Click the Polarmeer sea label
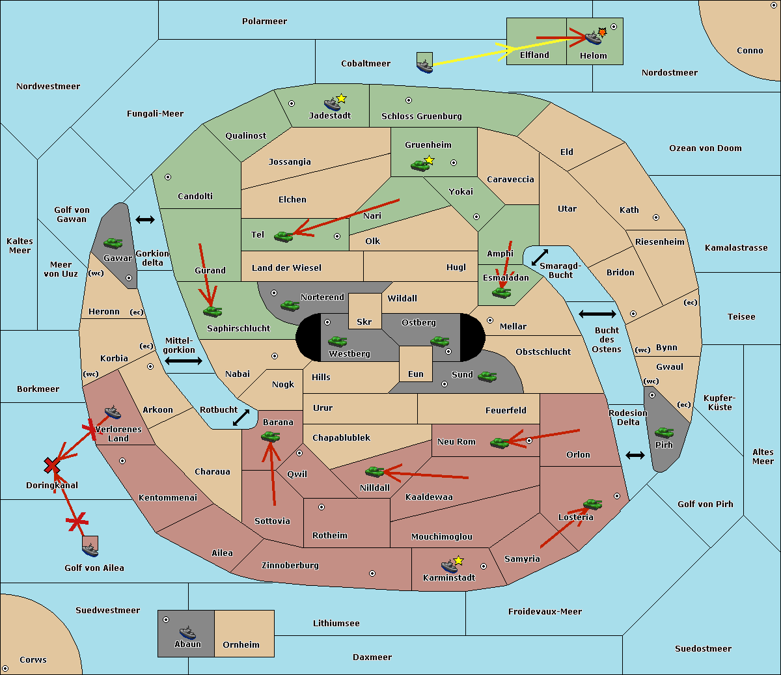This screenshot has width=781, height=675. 264,21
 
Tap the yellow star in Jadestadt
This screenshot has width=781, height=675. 341,98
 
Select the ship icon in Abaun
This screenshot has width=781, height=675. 187,632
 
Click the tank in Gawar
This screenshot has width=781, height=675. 113,243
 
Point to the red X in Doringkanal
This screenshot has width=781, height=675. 52,465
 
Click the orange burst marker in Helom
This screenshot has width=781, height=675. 603,32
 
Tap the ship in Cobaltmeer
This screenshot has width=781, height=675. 424,64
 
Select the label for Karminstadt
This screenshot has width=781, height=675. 449,578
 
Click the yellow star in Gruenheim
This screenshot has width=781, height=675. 429,160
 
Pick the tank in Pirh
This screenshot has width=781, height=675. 664,433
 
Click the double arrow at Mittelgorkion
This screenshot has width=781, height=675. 184,361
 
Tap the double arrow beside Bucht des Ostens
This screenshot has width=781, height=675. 597,314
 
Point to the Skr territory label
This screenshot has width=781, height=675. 364,322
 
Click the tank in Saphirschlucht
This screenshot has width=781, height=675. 212,311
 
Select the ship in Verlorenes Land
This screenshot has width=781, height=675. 113,412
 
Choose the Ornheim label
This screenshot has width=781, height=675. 241,645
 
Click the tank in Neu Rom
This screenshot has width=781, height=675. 500,443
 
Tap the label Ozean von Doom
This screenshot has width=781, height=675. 705,148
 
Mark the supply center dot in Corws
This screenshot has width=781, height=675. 5,668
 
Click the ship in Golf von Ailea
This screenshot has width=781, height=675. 90,551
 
